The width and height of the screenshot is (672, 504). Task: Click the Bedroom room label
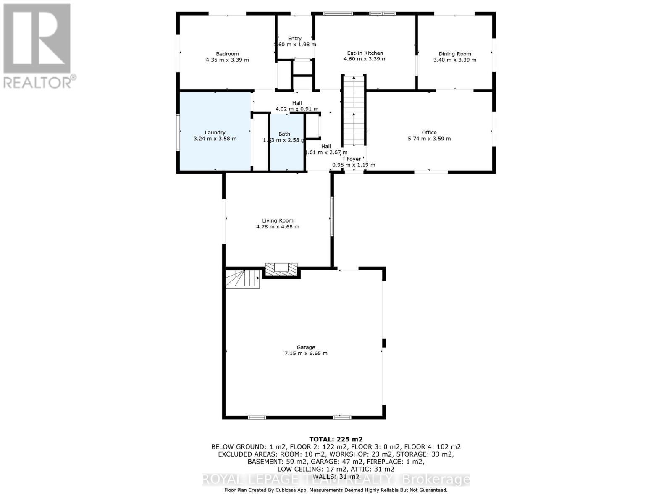[x=227, y=54]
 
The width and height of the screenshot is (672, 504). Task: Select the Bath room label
[x=284, y=134]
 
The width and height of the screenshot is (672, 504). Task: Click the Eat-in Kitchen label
[x=365, y=53]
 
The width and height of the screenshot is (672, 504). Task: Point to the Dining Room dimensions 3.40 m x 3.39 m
[x=454, y=60]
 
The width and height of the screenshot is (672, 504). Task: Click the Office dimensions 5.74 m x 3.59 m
[x=429, y=139]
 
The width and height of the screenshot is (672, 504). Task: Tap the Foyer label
[x=353, y=159]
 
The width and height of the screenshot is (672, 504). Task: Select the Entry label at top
[x=294, y=39]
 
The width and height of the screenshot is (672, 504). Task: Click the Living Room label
[x=278, y=220]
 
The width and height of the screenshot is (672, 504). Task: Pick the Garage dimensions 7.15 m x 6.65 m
[x=306, y=354]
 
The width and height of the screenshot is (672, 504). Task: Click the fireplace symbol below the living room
[x=281, y=269]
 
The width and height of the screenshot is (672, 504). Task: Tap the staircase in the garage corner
[x=242, y=278]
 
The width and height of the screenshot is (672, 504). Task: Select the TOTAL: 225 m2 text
[x=336, y=439]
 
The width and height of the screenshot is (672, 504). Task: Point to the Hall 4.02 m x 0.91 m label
[x=297, y=106]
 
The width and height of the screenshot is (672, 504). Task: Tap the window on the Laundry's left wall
[x=178, y=133]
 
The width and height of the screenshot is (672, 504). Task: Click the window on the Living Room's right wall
[x=331, y=216]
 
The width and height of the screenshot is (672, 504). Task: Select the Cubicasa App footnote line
[x=336, y=490]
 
